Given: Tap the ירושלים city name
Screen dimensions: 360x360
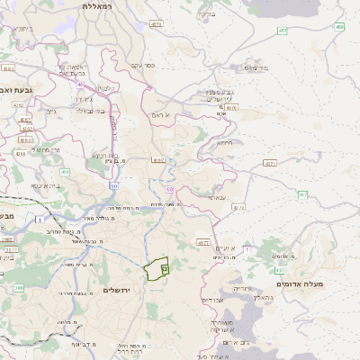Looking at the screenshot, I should coord(118,290).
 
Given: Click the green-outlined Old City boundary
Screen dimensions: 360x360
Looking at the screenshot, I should coord(157,267).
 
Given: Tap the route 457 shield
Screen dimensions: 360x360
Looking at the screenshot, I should coord(283,31).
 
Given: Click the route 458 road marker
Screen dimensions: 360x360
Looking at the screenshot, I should coord(339,27).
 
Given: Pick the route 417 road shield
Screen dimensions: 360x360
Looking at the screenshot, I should coord(280,270).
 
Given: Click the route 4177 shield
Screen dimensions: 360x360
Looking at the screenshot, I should coord(202,242).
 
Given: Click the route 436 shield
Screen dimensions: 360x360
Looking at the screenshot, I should coord(64,171).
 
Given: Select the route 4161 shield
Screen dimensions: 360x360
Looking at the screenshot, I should coord(9,67).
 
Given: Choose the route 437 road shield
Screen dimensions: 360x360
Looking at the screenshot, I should coord(303,194).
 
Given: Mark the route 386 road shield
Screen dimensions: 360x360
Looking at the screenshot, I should coord(19,288).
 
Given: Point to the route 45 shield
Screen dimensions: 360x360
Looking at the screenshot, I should coord(80,85).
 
